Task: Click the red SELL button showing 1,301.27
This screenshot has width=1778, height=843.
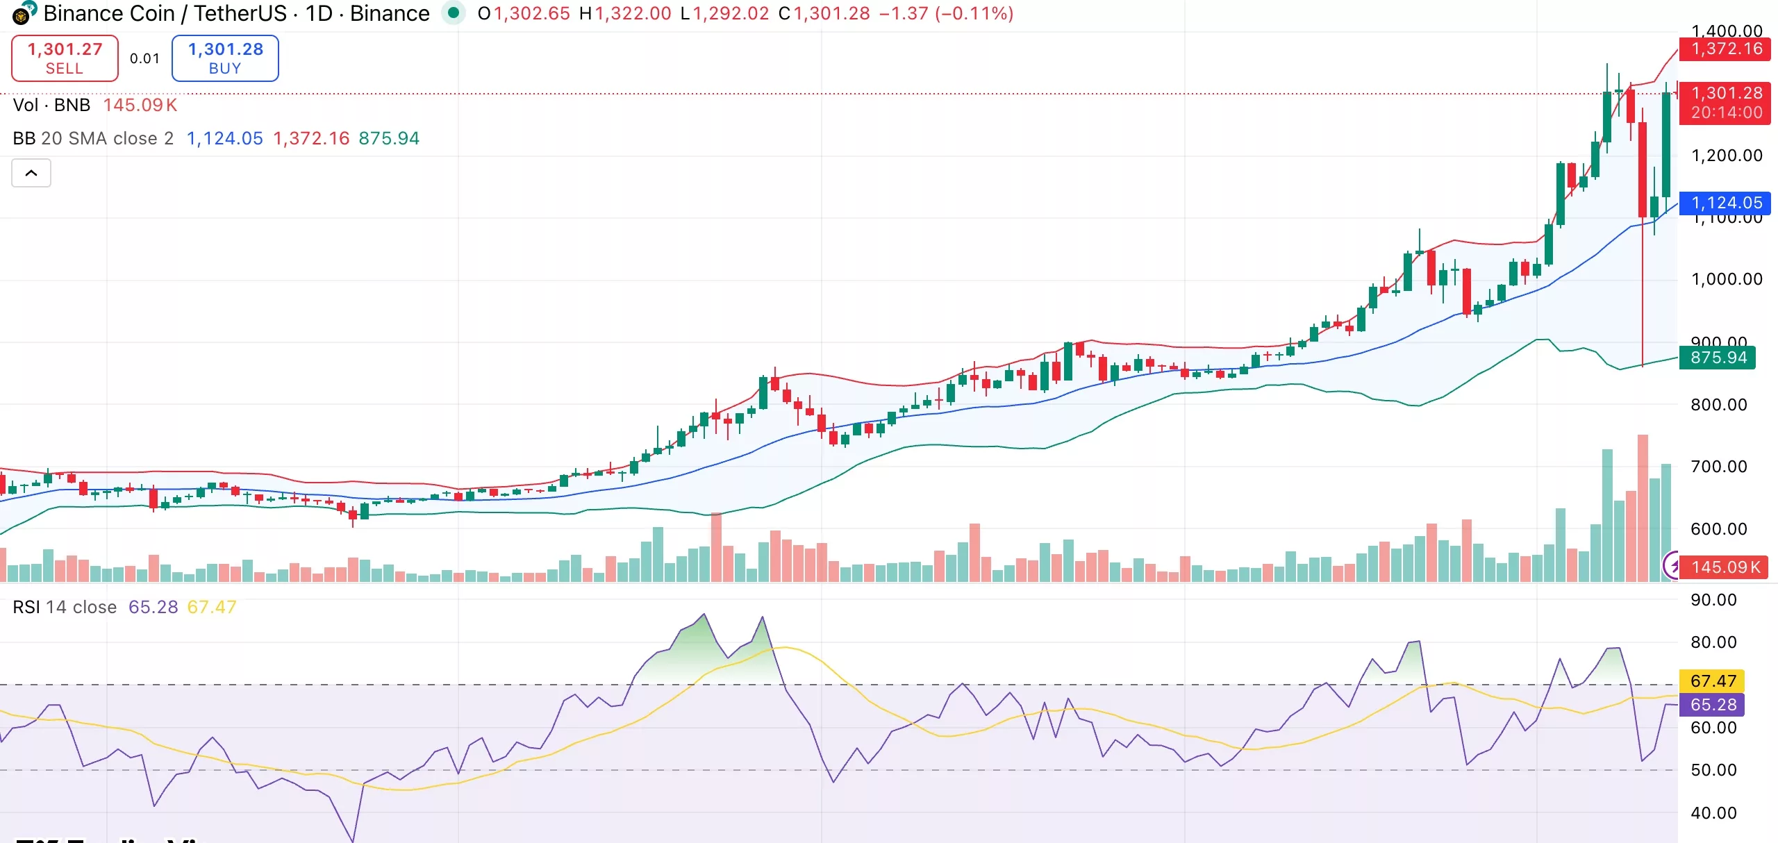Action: tap(65, 58)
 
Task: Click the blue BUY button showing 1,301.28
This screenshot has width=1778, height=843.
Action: tap(225, 58)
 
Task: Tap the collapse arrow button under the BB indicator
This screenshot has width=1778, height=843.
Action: tap(31, 173)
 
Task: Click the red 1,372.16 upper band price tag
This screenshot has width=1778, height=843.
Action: tap(1725, 49)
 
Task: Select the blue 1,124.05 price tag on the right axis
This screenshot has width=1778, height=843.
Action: tap(1725, 203)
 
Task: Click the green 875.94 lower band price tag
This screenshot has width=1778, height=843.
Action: tap(1717, 358)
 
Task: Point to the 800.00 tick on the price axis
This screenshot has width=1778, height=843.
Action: tap(1718, 404)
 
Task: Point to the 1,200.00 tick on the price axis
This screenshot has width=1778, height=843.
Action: tap(1727, 156)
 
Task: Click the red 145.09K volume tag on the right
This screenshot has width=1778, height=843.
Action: tap(1725, 567)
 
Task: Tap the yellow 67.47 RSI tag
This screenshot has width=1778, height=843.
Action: tap(1713, 681)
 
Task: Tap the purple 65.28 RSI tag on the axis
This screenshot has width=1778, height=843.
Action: tap(1713, 705)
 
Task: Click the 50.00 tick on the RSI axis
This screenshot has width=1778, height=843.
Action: tap(1713, 770)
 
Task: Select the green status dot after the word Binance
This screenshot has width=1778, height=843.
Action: tap(454, 12)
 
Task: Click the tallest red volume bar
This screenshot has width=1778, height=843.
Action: tap(1643, 507)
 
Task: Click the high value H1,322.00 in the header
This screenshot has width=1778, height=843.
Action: tap(625, 13)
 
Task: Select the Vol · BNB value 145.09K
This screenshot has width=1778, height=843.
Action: tap(140, 105)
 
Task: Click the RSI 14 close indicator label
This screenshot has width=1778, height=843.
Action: tap(65, 607)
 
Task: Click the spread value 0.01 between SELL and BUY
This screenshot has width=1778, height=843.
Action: tap(144, 58)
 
